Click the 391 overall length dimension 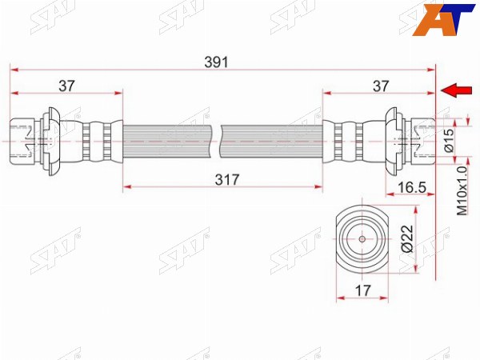217,62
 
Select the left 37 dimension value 66,86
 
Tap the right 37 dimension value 381,86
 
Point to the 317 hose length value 227,180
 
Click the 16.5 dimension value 411,187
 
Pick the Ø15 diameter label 449,140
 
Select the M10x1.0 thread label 462,190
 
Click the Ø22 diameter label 407,238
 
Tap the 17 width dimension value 362,290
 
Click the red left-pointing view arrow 456,90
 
